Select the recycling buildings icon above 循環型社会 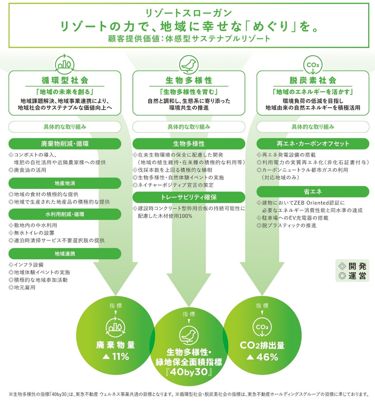tap(65, 64)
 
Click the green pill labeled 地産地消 tap(65, 183)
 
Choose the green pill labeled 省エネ tap(313, 191)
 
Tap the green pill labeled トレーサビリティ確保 tap(189, 197)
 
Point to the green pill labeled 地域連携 tap(65, 254)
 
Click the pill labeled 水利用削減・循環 tap(65, 214)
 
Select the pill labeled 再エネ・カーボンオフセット tap(313, 144)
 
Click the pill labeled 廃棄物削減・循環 tap(65, 144)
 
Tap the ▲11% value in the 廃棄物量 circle tap(116, 356)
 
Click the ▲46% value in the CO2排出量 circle tap(262, 357)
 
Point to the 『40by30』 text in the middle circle tap(189, 372)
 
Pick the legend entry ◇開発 tap(352, 266)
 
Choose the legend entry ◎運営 tap(352, 276)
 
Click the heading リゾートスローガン tap(188, 13)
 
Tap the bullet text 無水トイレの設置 tap(34, 233)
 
